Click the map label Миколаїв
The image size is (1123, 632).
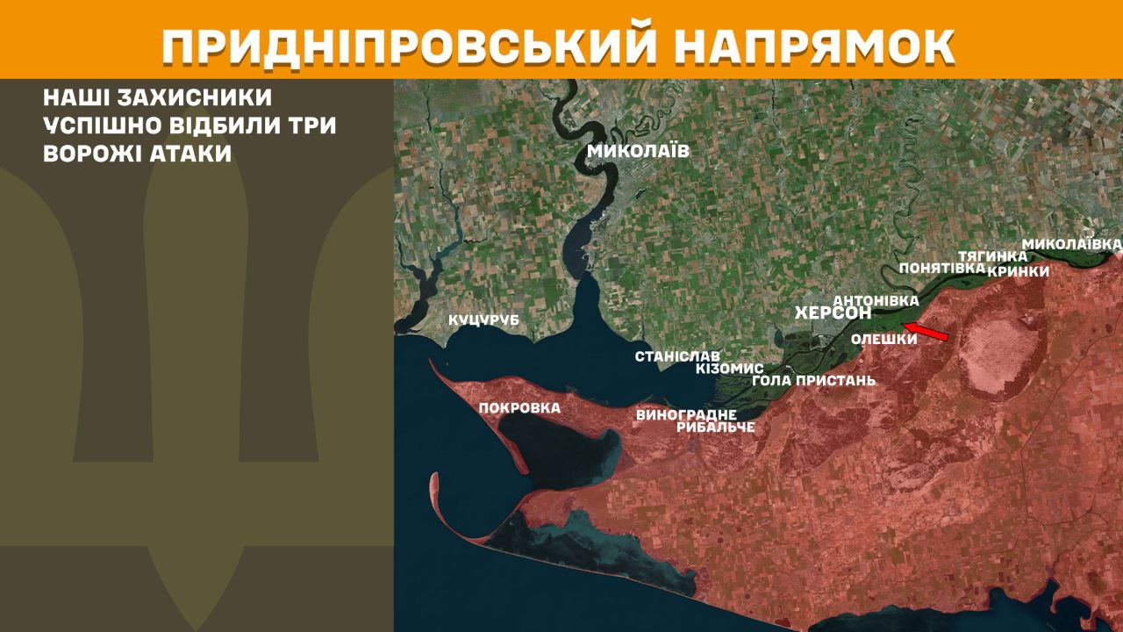click(638, 151)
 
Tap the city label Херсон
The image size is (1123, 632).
click(832, 313)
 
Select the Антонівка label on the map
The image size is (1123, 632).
click(876, 299)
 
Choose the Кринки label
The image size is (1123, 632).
click(1018, 271)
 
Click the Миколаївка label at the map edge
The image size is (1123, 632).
click(1072, 242)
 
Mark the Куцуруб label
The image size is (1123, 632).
click(483, 320)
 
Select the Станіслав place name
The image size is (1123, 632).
click(677, 356)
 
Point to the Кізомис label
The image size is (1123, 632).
click(729, 369)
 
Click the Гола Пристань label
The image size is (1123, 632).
click(813, 381)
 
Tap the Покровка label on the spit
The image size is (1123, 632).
click(519, 407)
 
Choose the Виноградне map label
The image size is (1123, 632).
click(686, 414)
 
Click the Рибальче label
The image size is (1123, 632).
click(715, 427)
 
